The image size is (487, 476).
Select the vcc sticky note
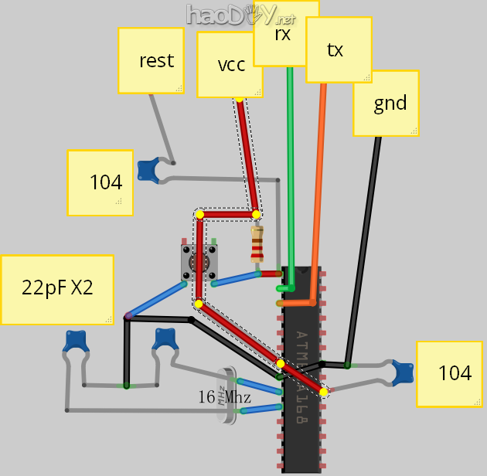click(x=230, y=65)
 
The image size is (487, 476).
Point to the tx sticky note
click(x=338, y=50)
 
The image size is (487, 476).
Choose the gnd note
click(x=386, y=104)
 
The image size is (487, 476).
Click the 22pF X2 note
click(x=57, y=289)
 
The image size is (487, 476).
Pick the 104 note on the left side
click(x=100, y=182)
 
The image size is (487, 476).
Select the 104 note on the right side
click(x=450, y=373)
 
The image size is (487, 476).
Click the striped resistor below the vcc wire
click(x=257, y=244)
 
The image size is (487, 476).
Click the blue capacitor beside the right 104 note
click(x=402, y=372)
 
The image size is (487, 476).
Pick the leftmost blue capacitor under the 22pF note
click(x=75, y=341)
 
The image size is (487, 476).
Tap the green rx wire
click(x=291, y=170)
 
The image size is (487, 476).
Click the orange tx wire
click(x=318, y=185)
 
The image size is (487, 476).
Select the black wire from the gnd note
click(x=364, y=247)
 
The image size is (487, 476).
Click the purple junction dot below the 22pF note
click(x=128, y=316)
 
